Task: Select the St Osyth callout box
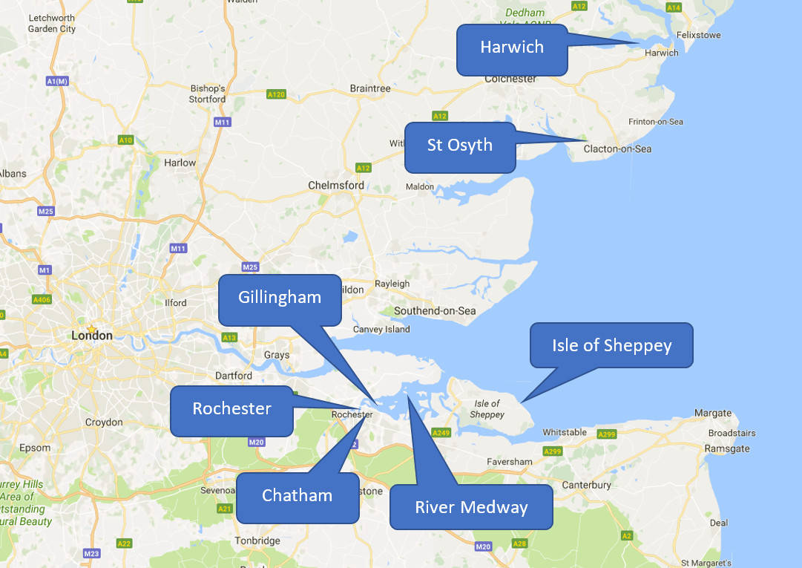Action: (x=460, y=146)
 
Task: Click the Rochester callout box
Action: (x=231, y=410)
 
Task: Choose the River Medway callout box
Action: (x=471, y=508)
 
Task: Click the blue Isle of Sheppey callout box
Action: (x=611, y=346)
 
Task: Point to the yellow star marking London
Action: (x=91, y=328)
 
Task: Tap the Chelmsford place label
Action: (x=336, y=185)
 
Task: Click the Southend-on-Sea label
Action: (x=435, y=310)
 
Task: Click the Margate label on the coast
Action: (x=712, y=413)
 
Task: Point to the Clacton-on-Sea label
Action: (x=617, y=148)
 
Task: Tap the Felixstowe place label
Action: (x=697, y=35)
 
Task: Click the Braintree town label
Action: (x=370, y=88)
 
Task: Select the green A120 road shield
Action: (x=276, y=94)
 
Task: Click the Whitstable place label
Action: (x=565, y=432)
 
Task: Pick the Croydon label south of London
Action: (x=104, y=422)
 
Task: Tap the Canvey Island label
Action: (x=381, y=329)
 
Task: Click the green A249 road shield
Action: (x=441, y=432)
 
